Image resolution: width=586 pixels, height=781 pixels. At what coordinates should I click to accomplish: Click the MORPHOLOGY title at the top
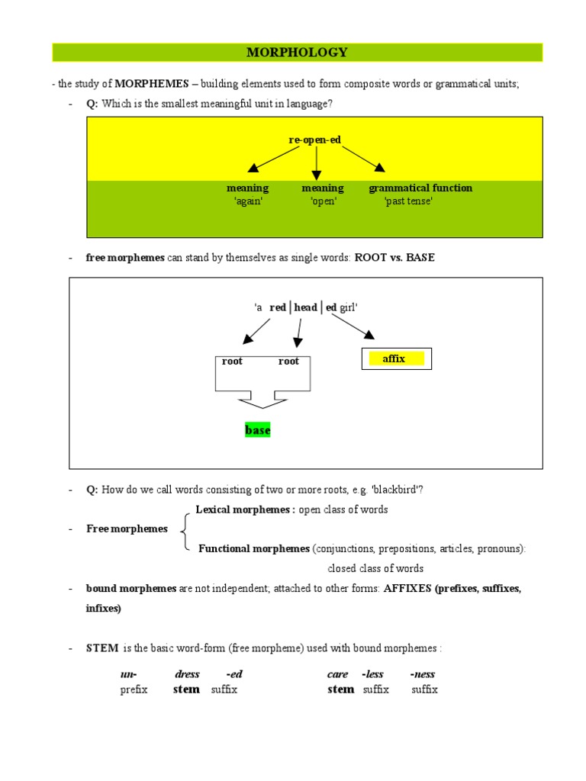[x=297, y=53]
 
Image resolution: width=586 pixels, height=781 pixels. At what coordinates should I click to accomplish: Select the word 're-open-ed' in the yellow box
[x=314, y=140]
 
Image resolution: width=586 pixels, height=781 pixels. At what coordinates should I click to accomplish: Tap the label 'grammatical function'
[x=420, y=188]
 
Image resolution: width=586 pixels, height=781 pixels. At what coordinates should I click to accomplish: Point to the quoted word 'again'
[x=247, y=202]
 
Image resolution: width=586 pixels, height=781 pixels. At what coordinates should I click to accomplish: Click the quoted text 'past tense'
[x=409, y=202]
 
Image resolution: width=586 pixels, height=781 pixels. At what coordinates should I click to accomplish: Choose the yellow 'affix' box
[x=394, y=358]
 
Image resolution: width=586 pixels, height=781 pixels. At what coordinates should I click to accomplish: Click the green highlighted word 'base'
[x=258, y=430]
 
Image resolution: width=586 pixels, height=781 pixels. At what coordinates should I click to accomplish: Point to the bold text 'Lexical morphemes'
[x=244, y=509]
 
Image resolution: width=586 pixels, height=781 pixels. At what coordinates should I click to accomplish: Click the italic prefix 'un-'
[x=129, y=674]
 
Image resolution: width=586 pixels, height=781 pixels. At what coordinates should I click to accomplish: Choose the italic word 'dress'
[x=187, y=674]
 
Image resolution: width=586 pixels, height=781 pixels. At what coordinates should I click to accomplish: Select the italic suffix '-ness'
[x=423, y=674]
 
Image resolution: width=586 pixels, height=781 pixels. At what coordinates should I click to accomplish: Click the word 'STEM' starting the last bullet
[x=102, y=648]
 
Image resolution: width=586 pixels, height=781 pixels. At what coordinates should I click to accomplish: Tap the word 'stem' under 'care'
[x=340, y=689]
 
